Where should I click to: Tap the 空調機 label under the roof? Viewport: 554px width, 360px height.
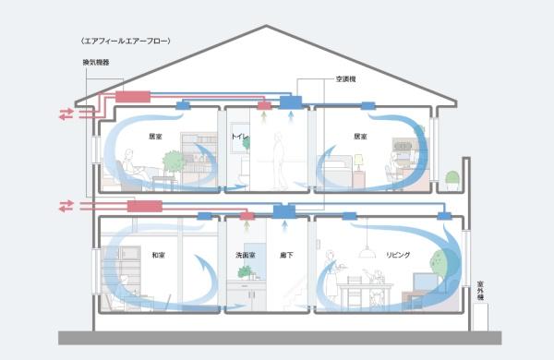point(347,79)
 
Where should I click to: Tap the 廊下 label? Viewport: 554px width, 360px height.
point(286,252)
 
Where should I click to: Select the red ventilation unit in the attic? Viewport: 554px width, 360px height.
point(133,97)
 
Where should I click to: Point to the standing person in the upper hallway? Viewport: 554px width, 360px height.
point(280,157)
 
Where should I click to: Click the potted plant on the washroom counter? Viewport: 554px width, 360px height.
point(245,271)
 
